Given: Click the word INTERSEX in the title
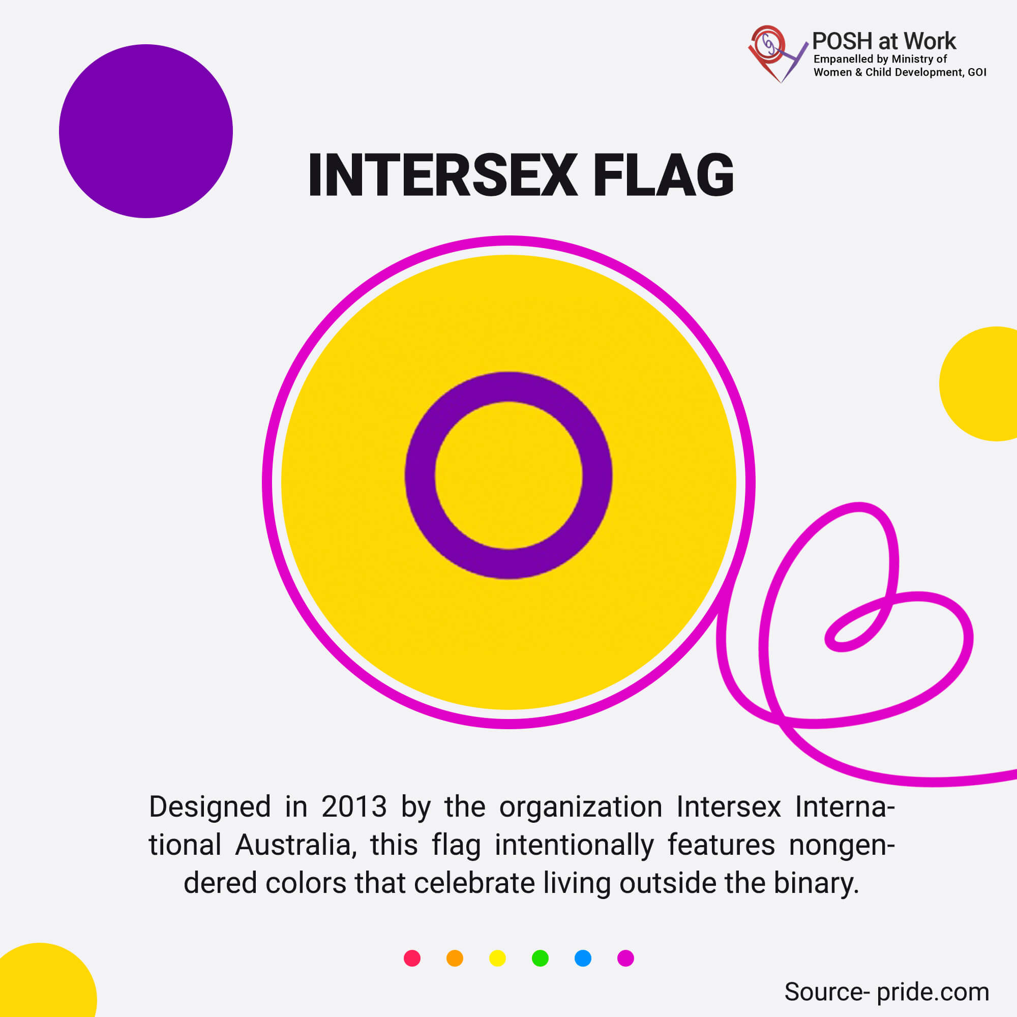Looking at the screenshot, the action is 443,175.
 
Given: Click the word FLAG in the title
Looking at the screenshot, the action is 663,175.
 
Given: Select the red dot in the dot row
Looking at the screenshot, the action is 412,958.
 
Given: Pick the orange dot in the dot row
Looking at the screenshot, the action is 455,958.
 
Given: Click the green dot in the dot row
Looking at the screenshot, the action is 540,958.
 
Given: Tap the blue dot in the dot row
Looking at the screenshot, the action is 583,958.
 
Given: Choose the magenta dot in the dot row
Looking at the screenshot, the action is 625,958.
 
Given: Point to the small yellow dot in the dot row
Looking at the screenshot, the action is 497,958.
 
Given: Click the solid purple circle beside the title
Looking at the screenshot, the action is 146,131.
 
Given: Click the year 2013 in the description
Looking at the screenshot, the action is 354,807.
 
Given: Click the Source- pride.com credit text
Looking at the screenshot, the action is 886,992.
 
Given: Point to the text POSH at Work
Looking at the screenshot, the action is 884,41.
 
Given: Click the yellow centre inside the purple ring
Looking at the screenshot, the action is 508,475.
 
